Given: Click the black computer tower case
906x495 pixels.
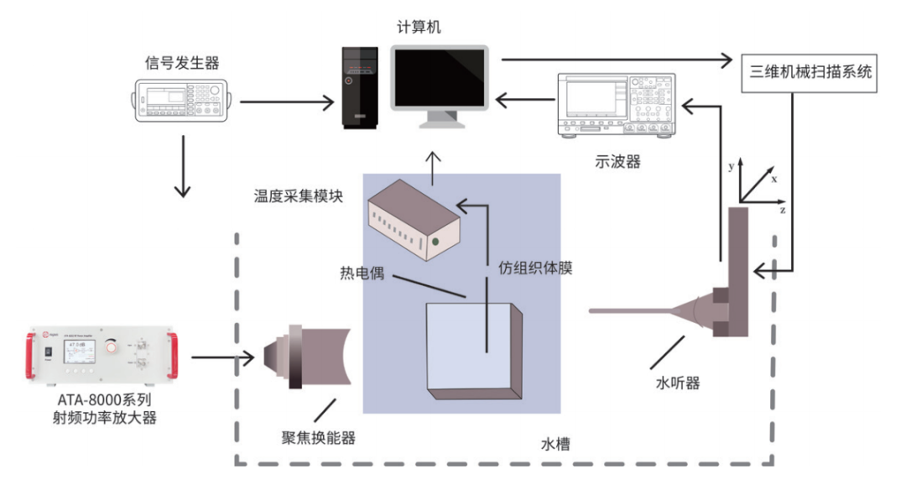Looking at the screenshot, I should pos(360,86).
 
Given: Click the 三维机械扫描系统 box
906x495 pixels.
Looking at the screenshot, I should pos(810,72).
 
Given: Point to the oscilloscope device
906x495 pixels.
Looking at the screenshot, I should pos(616,105).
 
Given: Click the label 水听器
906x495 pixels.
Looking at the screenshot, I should pos(677,383).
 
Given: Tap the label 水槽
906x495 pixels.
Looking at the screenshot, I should pos(555,444).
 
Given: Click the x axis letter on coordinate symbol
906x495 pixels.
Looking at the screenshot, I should pos(774,180).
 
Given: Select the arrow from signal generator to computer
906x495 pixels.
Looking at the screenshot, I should pos(286,103).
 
